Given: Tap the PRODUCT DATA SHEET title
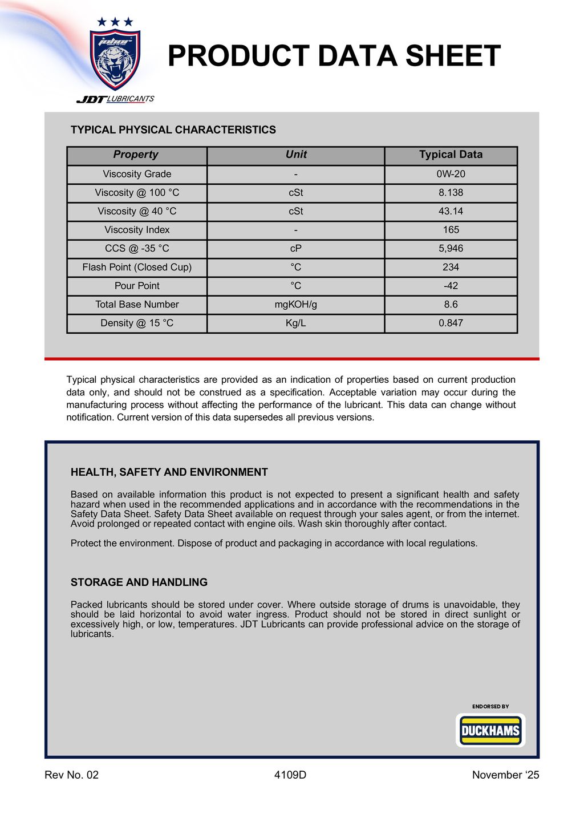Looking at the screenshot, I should (334, 56).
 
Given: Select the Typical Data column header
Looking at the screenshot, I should (451, 155).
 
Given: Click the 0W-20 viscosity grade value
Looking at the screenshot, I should (451, 174).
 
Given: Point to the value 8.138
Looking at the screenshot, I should (451, 193).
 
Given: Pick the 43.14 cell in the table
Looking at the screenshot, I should (451, 211).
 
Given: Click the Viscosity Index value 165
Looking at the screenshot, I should (451, 230).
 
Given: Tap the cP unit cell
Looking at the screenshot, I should (295, 249).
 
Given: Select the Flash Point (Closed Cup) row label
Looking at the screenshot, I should (137, 267).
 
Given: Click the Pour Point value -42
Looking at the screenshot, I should (451, 286).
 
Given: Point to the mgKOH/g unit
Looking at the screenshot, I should (295, 305).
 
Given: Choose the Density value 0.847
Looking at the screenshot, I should (451, 323).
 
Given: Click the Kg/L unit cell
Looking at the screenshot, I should (295, 323).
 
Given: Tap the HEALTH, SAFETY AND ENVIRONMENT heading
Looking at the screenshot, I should (169, 472).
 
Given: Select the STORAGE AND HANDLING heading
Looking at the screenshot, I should (139, 582).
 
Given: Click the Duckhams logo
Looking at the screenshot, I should (490, 731).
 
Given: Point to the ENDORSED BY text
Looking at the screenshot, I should (490, 707).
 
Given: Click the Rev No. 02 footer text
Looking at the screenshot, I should (71, 775).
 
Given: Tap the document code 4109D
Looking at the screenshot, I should (290, 775).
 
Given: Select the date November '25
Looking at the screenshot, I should (505, 775).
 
